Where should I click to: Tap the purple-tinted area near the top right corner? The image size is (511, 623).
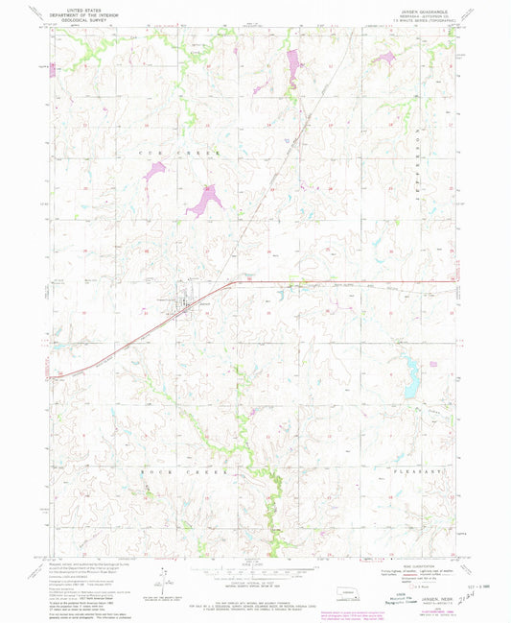click(385, 59)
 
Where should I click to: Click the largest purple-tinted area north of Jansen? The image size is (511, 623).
click(205, 201)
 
